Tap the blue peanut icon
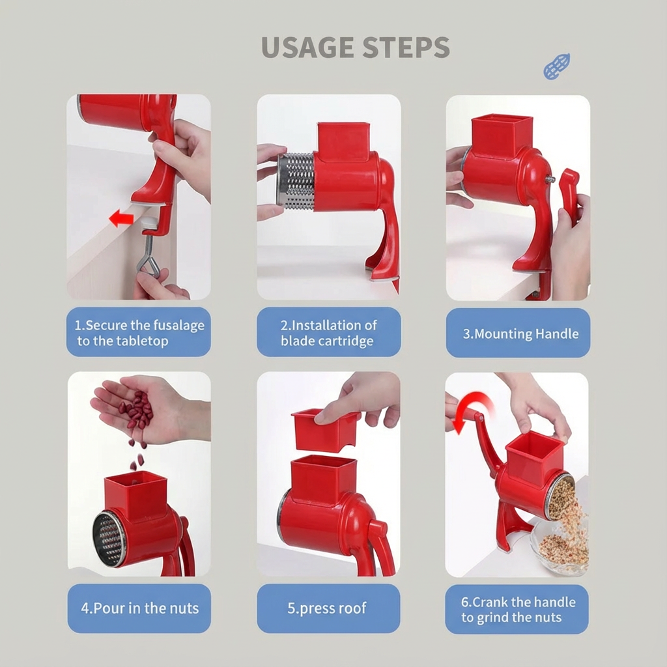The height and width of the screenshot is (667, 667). pyautogui.click(x=557, y=66)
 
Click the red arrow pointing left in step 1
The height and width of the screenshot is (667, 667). pyautogui.click(x=121, y=220)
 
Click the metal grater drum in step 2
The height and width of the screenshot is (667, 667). pyautogui.click(x=296, y=181)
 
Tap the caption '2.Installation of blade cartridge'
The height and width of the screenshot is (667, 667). pyautogui.click(x=328, y=333)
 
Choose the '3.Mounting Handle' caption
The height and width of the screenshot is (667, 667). pyautogui.click(x=520, y=334)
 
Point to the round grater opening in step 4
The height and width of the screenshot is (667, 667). pyautogui.click(x=109, y=539)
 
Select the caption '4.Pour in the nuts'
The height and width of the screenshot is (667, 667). pyautogui.click(x=140, y=608)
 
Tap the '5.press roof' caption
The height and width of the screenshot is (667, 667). pyautogui.click(x=327, y=608)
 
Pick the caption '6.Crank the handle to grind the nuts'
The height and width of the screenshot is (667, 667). pyautogui.click(x=518, y=610)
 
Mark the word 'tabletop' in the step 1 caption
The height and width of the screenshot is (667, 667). pyautogui.click(x=142, y=341)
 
